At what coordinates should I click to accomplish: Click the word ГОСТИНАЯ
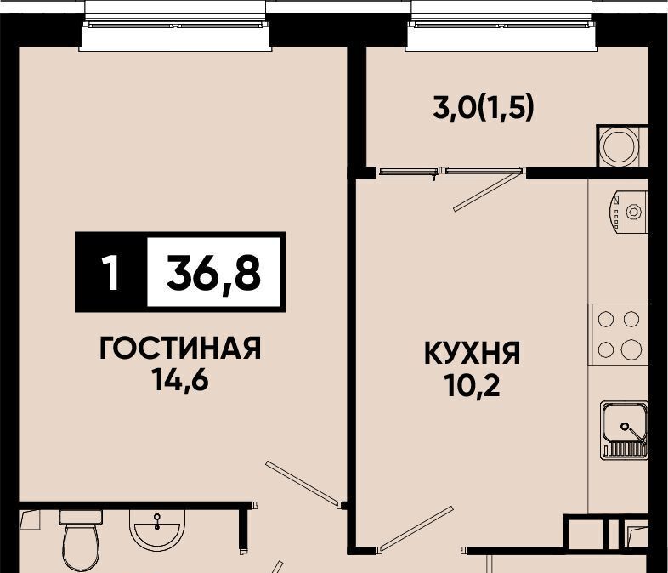click(x=180, y=348)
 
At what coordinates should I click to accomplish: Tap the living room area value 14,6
click(x=181, y=379)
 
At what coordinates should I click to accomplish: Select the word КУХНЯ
click(x=472, y=353)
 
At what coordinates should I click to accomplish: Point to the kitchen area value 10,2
click(x=472, y=385)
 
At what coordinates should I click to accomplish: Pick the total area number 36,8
click(x=213, y=272)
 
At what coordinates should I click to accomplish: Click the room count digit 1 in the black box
click(x=110, y=272)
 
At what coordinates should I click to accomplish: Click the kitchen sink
click(x=625, y=430)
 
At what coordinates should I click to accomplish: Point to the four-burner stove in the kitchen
click(x=619, y=334)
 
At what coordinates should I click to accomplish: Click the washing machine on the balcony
click(x=622, y=145)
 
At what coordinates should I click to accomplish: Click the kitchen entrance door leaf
click(x=416, y=528)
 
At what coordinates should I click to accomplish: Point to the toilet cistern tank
click(x=81, y=517)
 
